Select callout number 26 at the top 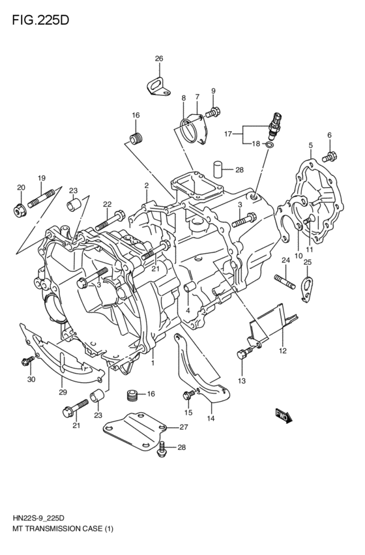(x=158, y=59)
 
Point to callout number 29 (x=63, y=393)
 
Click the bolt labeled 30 (x=29, y=361)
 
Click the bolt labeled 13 (x=244, y=354)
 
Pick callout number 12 (x=282, y=350)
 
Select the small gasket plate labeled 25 (x=307, y=287)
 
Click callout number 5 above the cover (x=311, y=145)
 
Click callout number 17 (x=229, y=136)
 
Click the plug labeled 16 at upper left (x=136, y=138)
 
